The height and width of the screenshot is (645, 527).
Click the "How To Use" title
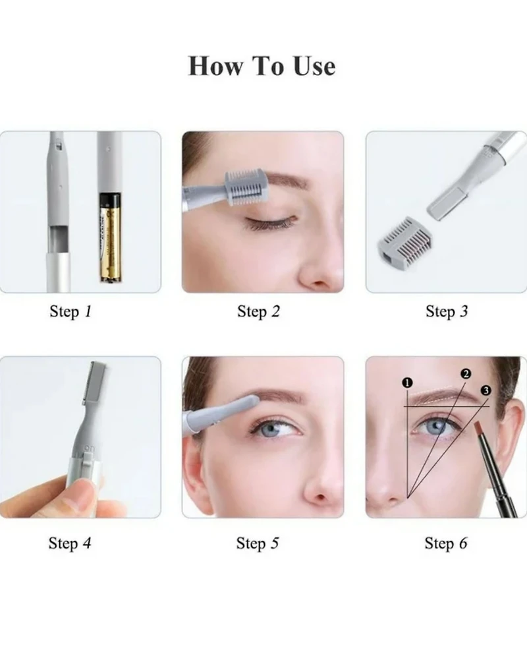point(262,66)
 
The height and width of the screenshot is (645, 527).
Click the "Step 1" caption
point(70,311)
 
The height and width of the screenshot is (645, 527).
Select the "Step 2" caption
point(258,311)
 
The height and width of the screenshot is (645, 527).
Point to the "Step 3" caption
point(446,311)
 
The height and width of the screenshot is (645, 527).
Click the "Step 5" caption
point(258,543)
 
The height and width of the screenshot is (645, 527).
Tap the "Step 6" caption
point(446,543)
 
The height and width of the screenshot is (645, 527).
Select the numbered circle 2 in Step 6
point(466,374)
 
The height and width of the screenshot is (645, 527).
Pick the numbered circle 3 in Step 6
point(486,390)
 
